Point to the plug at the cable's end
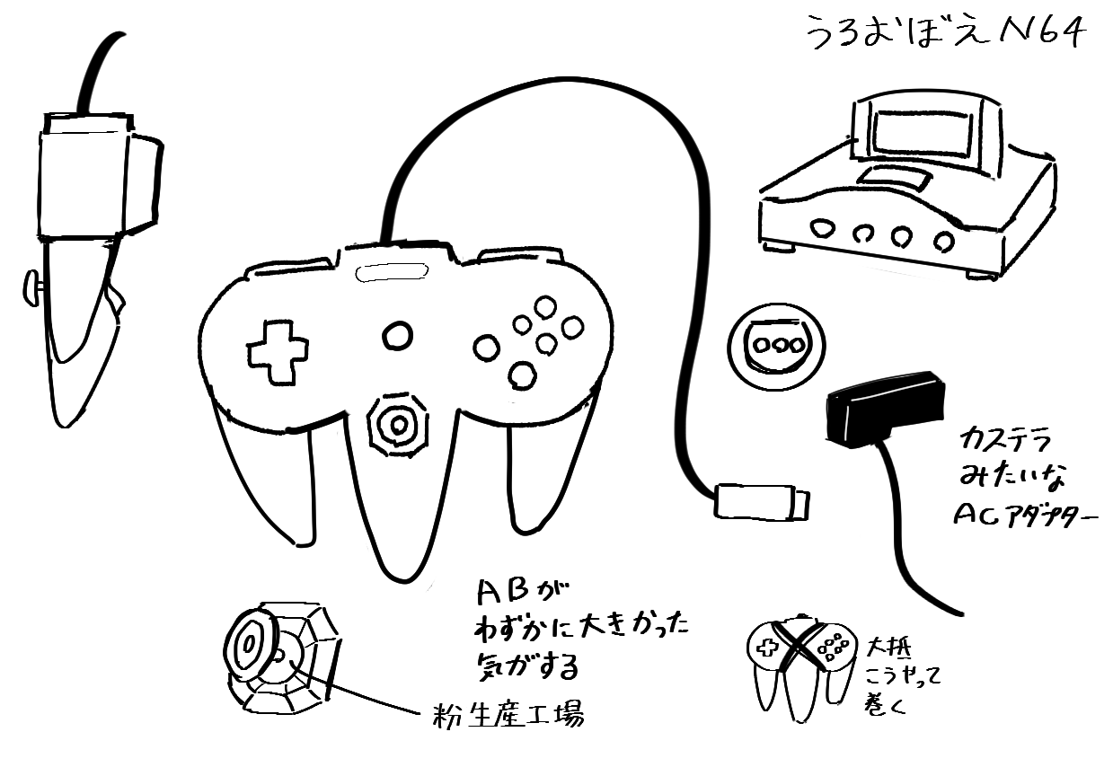pyautogui.click(x=762, y=501)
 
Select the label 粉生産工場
pyautogui.click(x=508, y=716)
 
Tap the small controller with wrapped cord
pyautogui.click(x=798, y=665)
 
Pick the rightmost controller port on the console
pyautogui.click(x=942, y=241)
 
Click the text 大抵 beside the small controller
pyautogui.click(x=888, y=647)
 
